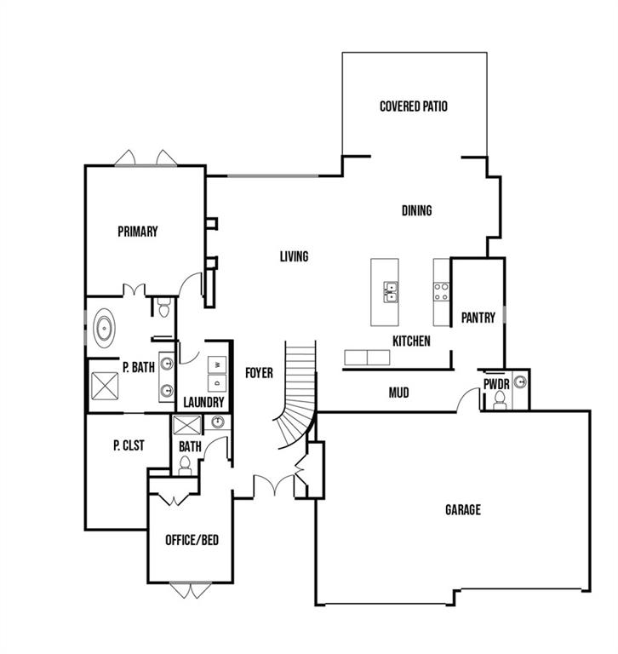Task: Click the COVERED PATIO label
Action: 414,106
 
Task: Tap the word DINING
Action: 416,210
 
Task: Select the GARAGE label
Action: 463,510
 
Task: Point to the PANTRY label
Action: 478,318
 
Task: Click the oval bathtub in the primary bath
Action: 104,328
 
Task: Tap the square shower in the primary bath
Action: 105,387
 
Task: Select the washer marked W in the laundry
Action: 217,364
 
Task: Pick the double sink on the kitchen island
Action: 391,292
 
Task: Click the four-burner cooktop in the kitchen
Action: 441,292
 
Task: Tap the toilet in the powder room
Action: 499,400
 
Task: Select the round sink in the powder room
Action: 519,381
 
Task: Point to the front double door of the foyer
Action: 274,486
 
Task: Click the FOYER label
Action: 259,373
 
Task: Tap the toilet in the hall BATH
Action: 185,466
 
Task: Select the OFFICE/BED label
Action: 192,540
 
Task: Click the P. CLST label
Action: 129,445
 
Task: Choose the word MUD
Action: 398,393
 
